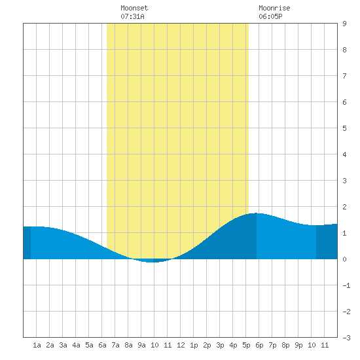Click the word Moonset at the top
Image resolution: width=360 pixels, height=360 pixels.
134,8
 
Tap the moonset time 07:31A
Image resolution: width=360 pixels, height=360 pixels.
132,16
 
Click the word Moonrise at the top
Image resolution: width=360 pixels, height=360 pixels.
274,8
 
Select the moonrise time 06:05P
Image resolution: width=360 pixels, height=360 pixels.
270,16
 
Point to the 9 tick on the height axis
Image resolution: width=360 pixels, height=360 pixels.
344,24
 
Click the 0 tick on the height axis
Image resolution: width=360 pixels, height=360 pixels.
344,259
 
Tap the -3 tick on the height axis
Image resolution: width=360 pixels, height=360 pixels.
346,338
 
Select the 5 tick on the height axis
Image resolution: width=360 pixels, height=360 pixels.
344,128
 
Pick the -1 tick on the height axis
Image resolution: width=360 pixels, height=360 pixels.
346,285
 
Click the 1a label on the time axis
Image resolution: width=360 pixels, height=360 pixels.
37,345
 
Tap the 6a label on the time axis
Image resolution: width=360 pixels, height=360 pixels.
102,345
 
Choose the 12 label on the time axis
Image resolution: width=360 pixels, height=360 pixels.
181,345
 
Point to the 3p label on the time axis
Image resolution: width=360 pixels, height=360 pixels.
220,345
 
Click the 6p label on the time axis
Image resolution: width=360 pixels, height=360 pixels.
259,345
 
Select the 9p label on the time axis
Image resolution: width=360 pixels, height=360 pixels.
298,345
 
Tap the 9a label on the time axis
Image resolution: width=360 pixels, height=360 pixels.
141,345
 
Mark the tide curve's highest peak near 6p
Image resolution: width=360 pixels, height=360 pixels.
255,213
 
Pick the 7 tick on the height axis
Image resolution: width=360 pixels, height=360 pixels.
344,76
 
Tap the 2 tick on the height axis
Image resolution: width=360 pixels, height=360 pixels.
344,207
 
